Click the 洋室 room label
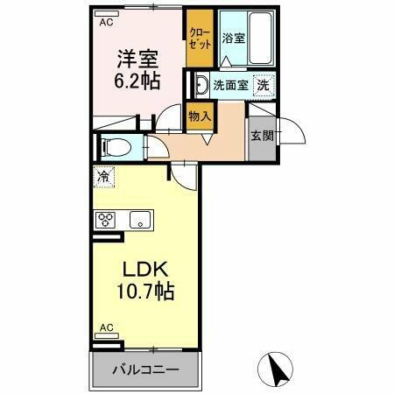pos(139,59)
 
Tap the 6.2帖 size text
pos(139,82)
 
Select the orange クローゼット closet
pos(200,39)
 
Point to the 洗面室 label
pos(230,87)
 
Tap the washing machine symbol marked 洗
pos(263,86)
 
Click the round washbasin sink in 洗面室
pos(201,86)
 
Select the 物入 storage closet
pos(201,116)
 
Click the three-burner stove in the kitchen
pos(107,220)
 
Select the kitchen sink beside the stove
pos(140,220)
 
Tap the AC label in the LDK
pos(106,328)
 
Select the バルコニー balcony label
pos(145,369)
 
